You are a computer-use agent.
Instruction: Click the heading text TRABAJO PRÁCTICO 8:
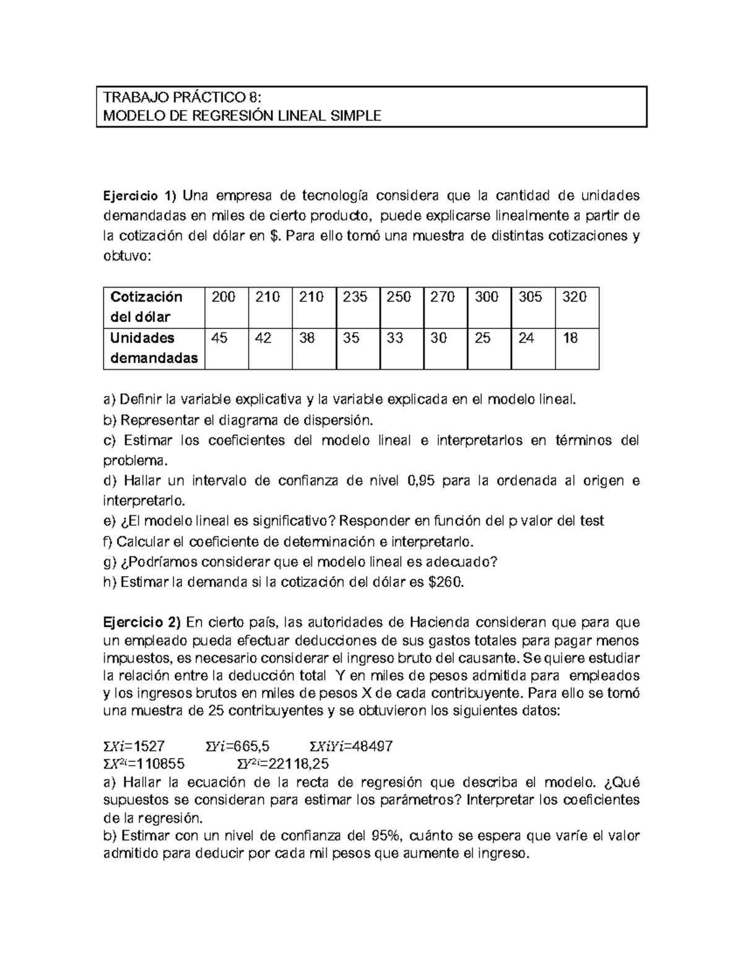[183, 97]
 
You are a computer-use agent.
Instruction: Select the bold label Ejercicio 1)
[139, 196]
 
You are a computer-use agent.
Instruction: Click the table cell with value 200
[224, 297]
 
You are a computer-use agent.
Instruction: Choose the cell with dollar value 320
[574, 297]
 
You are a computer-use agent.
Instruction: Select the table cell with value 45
[219, 338]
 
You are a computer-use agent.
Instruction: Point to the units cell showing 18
[570, 338]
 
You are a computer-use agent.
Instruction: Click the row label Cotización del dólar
[147, 307]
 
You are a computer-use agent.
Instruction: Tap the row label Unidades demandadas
[154, 348]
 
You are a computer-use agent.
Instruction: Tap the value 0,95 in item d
[424, 481]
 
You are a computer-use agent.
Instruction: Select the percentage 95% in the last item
[386, 836]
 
